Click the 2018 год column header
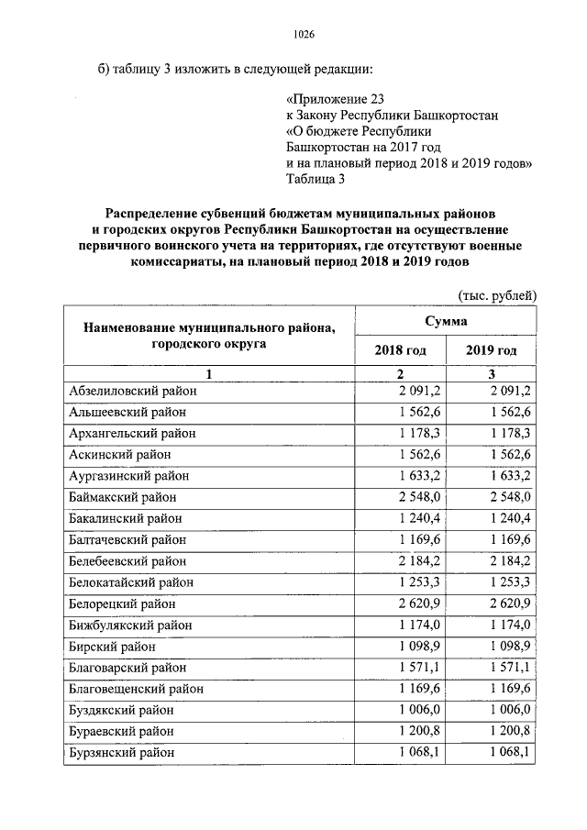[400, 351]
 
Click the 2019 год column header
[491, 351]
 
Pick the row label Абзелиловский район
[133, 391]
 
